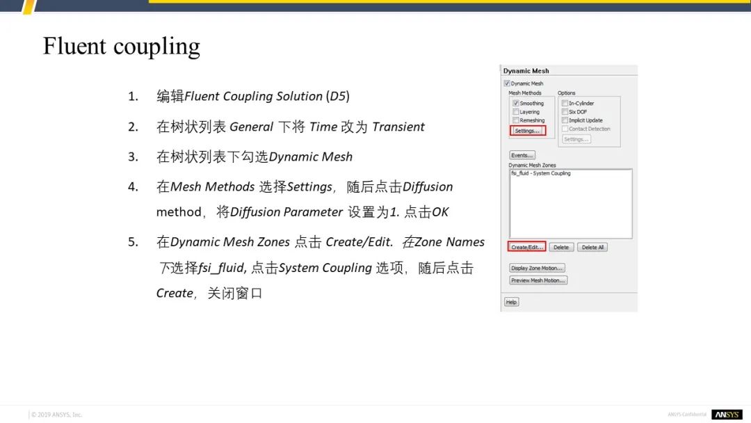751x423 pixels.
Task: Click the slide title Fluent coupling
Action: tap(121, 47)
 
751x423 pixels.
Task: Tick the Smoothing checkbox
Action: tap(516, 103)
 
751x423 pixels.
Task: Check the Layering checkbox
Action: tap(516, 111)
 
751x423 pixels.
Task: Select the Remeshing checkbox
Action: tap(516, 120)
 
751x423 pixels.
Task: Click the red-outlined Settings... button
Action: tap(527, 131)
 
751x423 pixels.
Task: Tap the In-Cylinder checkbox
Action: tap(565, 103)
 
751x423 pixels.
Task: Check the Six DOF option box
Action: tap(565, 111)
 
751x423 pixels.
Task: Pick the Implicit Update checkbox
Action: tap(565, 120)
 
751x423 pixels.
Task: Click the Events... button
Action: tap(522, 155)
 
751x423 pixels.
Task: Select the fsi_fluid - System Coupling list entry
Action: tap(541, 173)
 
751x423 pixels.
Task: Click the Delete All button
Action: tap(592, 247)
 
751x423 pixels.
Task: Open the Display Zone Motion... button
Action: tap(537, 268)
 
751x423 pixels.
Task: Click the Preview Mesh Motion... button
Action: tap(538, 280)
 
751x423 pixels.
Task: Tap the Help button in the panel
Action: tap(511, 302)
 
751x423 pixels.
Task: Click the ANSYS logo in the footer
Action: tap(727, 415)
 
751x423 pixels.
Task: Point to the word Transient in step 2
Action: tap(398, 127)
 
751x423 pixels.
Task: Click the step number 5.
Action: tap(133, 242)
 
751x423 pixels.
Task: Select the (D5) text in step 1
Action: tap(338, 96)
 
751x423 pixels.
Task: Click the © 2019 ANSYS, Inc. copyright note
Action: tap(56, 415)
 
